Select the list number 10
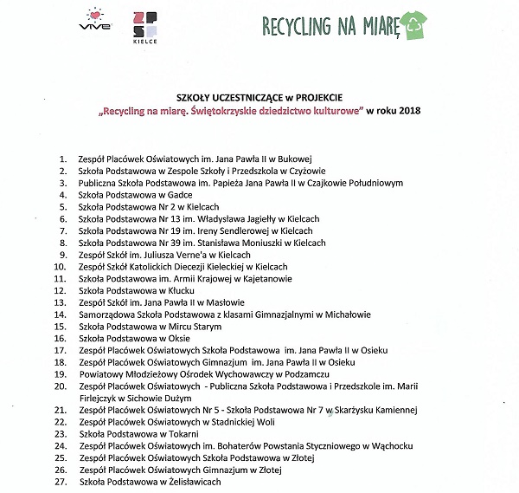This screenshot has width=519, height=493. (x=61, y=268)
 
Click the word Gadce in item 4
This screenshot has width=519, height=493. (x=182, y=196)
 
